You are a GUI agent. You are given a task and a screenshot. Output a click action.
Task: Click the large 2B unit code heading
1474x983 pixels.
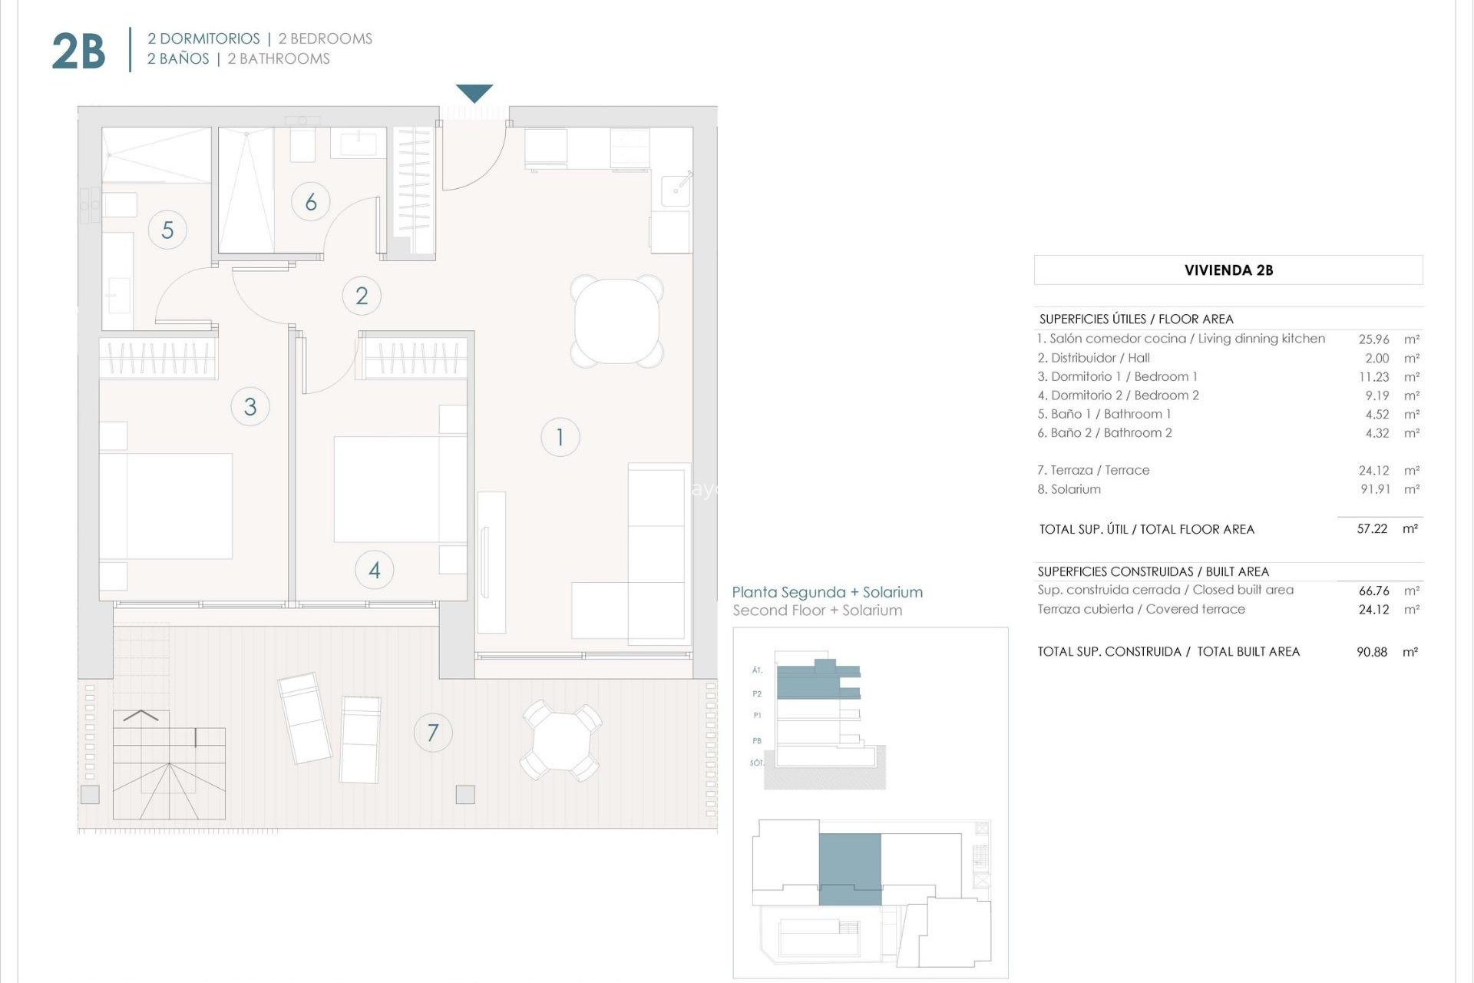(x=78, y=51)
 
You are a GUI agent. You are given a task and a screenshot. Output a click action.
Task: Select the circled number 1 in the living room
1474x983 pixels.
(x=560, y=437)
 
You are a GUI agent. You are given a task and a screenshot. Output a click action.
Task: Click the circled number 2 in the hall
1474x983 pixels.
(x=362, y=296)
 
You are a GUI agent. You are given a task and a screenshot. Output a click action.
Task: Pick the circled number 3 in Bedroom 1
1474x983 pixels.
(x=250, y=406)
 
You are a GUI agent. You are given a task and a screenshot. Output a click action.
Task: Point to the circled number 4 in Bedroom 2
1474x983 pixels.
(x=375, y=570)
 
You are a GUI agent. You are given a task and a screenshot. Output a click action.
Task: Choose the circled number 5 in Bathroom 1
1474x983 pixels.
(x=167, y=230)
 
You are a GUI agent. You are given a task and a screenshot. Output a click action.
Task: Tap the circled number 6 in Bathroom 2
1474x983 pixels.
(x=311, y=202)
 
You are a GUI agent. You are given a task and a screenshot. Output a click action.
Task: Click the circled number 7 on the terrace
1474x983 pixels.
(x=433, y=733)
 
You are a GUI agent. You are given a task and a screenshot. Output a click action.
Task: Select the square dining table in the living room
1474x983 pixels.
(x=616, y=321)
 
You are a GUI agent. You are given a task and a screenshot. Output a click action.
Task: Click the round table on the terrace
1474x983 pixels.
(x=561, y=740)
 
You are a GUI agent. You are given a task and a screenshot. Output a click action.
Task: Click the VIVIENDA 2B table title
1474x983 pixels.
(x=1228, y=270)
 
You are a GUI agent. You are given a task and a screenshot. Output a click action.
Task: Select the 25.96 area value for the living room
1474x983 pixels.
(x=1373, y=339)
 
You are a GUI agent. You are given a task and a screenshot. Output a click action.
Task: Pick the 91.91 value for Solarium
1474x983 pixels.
(x=1375, y=489)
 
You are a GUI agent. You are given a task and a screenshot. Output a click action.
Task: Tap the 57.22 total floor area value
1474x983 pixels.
(x=1372, y=529)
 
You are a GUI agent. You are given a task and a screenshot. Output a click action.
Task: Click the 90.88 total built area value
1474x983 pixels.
(x=1372, y=652)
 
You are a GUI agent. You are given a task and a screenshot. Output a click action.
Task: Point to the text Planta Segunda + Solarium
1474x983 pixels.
(x=827, y=592)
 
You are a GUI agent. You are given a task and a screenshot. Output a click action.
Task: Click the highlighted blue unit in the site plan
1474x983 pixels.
(x=850, y=869)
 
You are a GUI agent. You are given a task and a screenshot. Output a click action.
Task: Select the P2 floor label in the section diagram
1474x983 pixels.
(x=757, y=693)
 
